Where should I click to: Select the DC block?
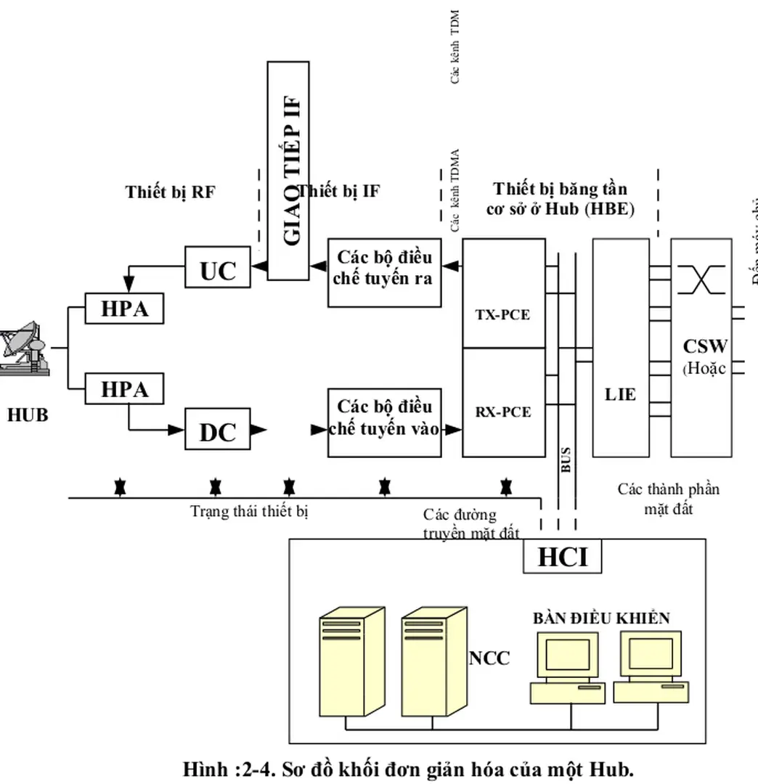[x=218, y=431]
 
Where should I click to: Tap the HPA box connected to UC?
[x=124, y=309]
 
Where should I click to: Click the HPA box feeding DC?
[x=124, y=390]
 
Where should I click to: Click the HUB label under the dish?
[x=28, y=415]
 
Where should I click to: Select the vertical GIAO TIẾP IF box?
[x=293, y=170]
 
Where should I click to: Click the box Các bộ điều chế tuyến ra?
[x=384, y=269]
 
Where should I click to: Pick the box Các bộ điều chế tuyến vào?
[x=384, y=417]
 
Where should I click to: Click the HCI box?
[x=563, y=557]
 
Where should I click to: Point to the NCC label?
[x=489, y=658]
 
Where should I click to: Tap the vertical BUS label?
[x=566, y=459]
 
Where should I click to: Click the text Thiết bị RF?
[x=171, y=192]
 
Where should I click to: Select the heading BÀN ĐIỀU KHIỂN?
[x=601, y=618]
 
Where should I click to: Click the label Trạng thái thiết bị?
[x=250, y=512]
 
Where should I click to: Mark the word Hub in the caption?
[x=615, y=769]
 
